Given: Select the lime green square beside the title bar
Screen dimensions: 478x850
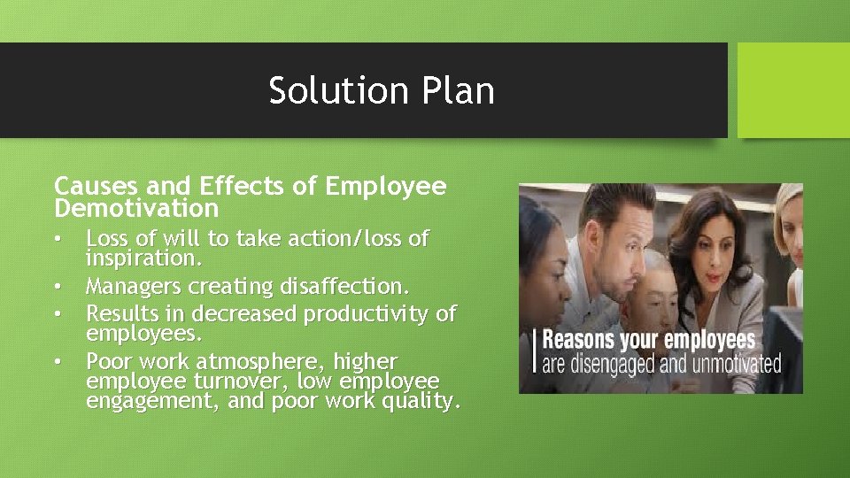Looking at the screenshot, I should [x=793, y=90].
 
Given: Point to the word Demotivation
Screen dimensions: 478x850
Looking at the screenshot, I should [x=136, y=208].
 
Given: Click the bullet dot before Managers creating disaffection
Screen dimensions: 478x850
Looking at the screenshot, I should [x=58, y=287].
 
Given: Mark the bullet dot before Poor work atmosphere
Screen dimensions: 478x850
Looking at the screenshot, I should [x=58, y=362].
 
